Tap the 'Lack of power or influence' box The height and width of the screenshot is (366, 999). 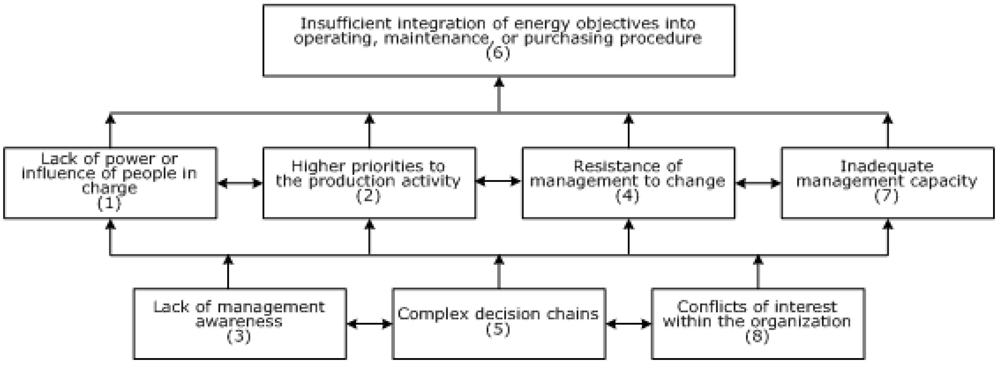coord(110,182)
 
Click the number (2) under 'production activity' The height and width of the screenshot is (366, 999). coord(368,196)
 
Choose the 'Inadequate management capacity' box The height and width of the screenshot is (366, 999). coord(887,182)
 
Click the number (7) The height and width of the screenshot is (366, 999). coord(887,196)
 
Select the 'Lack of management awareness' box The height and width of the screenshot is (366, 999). coord(239,323)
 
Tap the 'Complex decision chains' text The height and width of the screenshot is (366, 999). coord(498,314)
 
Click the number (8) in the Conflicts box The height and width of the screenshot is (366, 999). coord(757,336)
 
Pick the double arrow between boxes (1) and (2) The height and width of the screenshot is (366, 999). coord(240,183)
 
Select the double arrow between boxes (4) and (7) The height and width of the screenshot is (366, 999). coord(758,183)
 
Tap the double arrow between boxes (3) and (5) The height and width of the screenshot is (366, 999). coord(369,323)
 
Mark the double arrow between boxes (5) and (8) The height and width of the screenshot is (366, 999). coord(628,323)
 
